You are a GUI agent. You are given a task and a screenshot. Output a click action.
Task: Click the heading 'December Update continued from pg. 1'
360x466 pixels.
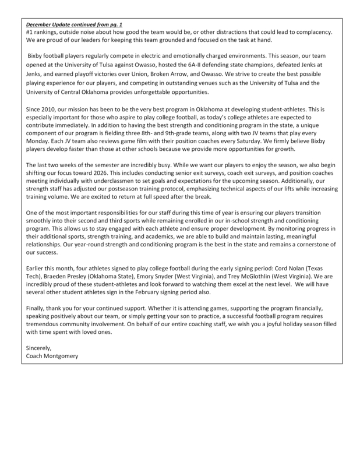[x=72, y=26]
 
